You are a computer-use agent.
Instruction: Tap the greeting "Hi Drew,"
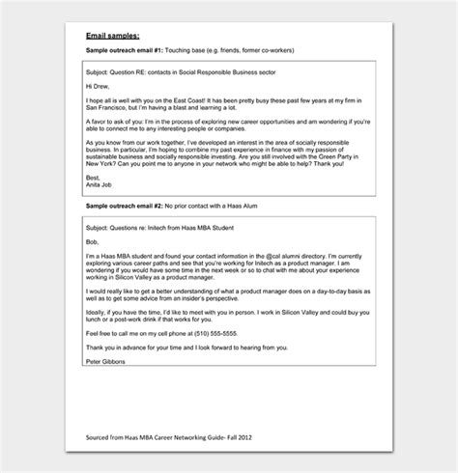[x=100, y=86]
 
